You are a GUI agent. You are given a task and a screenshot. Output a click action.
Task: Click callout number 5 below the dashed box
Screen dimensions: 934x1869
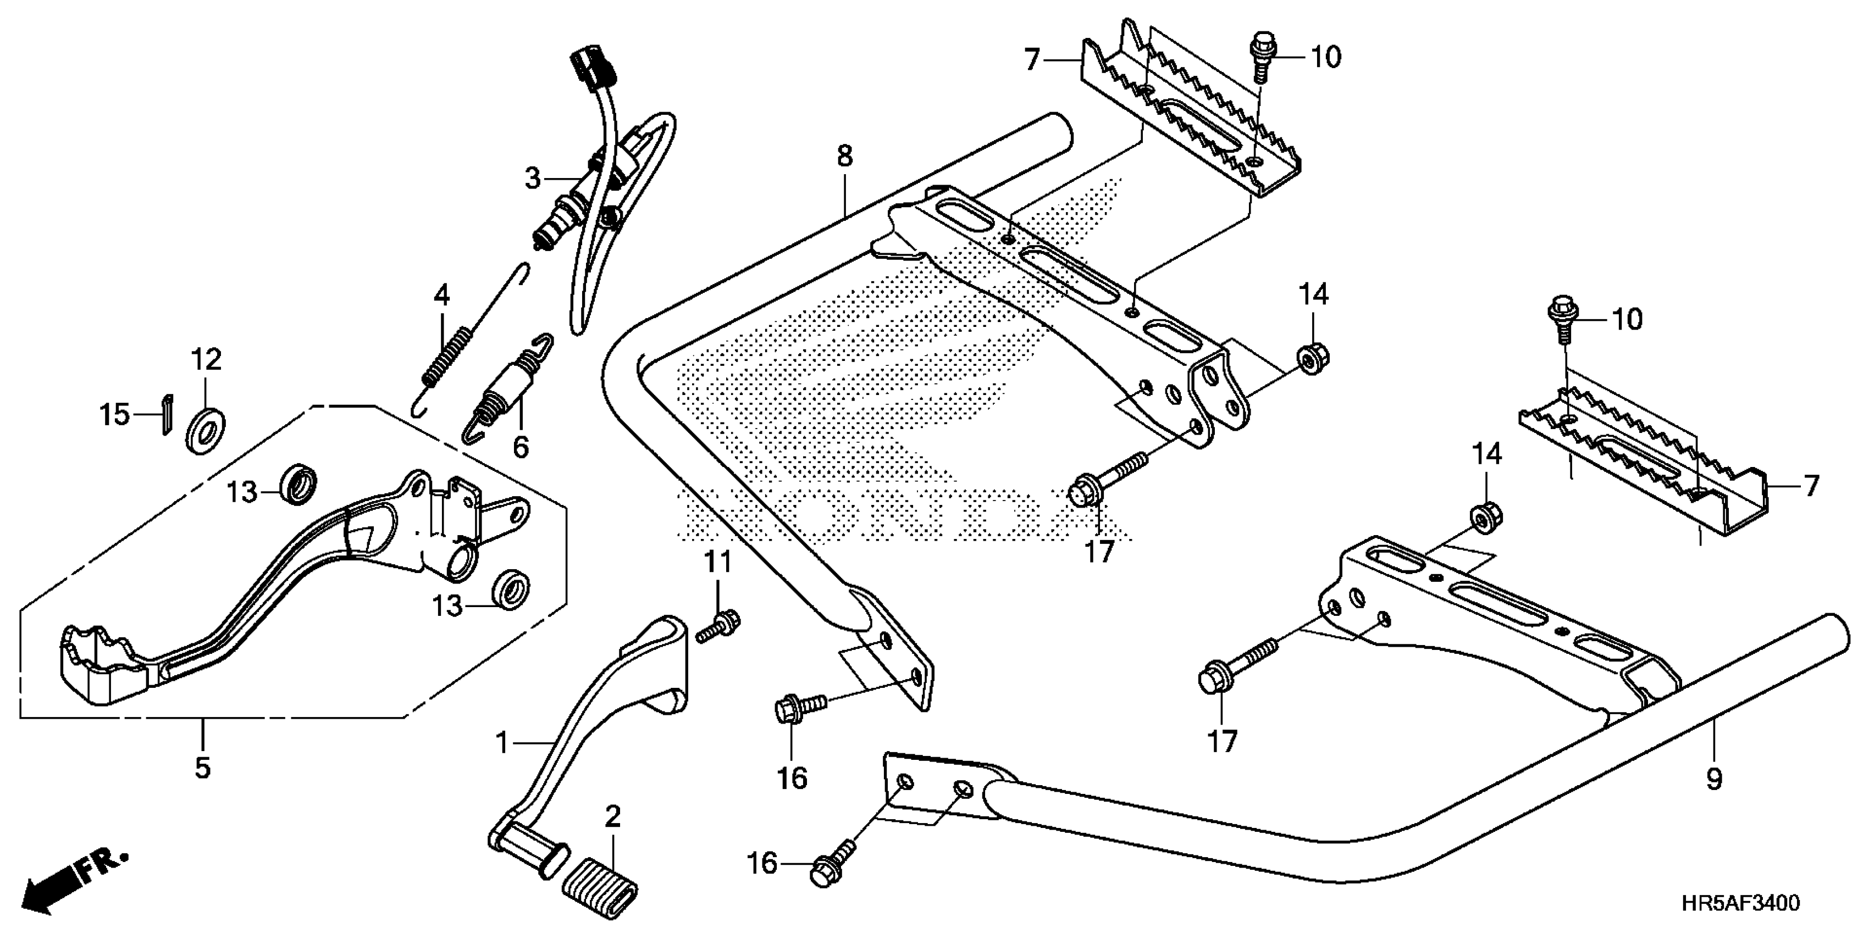202,766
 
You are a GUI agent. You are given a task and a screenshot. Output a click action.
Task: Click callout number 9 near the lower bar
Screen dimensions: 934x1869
1714,780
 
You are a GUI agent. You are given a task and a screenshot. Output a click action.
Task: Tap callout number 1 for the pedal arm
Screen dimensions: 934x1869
501,743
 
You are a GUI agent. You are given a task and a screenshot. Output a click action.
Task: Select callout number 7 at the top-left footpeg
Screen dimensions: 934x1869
1032,59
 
